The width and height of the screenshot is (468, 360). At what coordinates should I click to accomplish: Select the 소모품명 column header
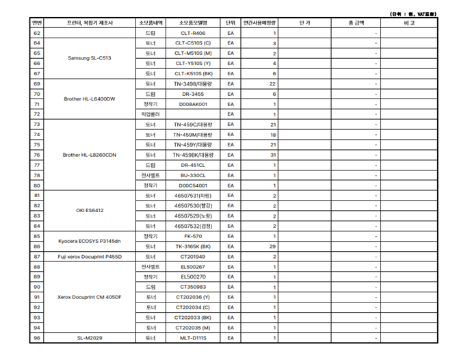pos(193,23)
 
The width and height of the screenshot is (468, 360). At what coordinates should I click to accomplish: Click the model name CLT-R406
pos(193,33)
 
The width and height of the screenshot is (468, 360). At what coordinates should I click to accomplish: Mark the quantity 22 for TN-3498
pos(272,83)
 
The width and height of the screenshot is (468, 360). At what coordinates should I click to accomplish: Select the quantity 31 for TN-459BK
pos(272,155)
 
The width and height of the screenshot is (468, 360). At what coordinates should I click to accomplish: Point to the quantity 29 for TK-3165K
pos(272,246)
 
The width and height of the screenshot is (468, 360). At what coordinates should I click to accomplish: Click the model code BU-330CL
pos(193,175)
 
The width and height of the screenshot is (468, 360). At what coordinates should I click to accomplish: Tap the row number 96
pos(37,338)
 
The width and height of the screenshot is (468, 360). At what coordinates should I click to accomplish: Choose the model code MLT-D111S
pos(193,338)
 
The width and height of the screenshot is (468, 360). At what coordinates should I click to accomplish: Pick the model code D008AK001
pos(193,104)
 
